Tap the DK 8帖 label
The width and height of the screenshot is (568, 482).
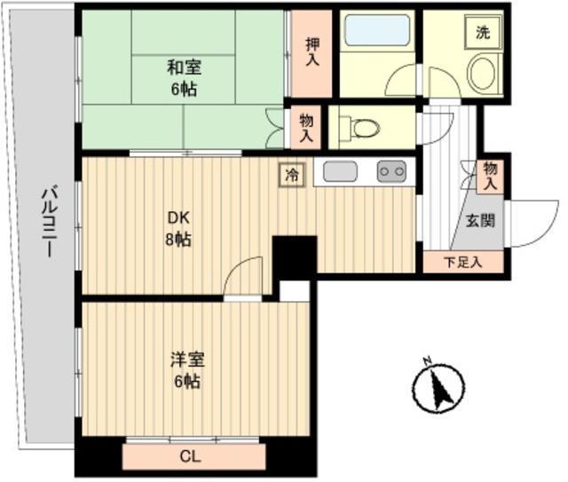tap(178, 229)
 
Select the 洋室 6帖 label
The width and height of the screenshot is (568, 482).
tap(186, 371)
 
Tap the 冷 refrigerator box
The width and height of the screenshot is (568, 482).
tap(291, 175)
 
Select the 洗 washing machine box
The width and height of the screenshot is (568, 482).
tap(483, 34)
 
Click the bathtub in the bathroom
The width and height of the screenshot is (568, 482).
tap(376, 30)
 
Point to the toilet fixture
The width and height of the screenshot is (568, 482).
tap(362, 129)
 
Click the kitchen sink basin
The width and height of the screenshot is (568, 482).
tap(340, 171)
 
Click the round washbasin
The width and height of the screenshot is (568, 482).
tap(483, 74)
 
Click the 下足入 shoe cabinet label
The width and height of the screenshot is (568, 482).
tap(462, 262)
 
